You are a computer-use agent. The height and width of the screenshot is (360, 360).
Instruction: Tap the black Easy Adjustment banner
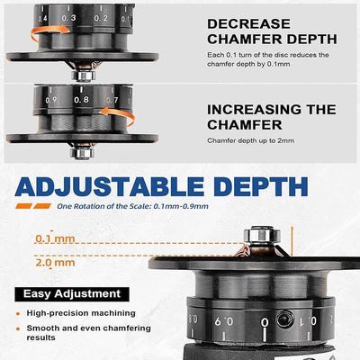pos(74,293)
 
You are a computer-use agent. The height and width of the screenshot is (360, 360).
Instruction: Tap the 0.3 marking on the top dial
pos(68,17)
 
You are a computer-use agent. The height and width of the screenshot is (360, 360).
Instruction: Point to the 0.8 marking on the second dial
pos(82,101)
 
